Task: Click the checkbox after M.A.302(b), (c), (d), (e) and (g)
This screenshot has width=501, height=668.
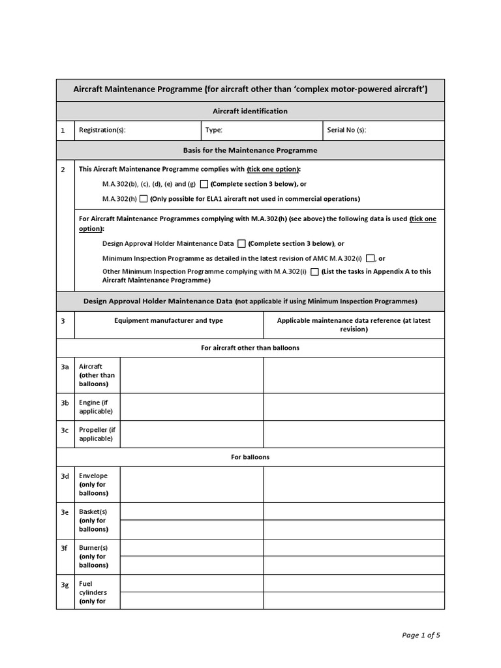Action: [x=204, y=184]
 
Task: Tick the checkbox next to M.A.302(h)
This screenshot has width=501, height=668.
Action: [x=144, y=199]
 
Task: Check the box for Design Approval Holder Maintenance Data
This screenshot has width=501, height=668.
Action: [x=241, y=244]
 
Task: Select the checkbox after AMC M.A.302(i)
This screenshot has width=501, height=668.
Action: [x=371, y=258]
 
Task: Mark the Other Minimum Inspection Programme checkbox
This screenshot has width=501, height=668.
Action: [x=314, y=272]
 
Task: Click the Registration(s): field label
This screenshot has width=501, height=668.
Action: [x=102, y=130]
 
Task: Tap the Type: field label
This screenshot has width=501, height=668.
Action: [x=213, y=130]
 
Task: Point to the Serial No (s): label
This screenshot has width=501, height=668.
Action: [x=346, y=130]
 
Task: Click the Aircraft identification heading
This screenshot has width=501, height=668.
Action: [x=250, y=111]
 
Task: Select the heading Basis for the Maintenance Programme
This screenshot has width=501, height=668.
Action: [x=250, y=150]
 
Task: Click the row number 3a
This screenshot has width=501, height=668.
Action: [x=65, y=367]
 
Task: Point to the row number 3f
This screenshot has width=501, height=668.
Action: [x=65, y=548]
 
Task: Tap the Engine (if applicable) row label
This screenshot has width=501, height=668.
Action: [x=95, y=407]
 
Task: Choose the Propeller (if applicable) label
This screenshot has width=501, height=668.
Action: [x=97, y=434]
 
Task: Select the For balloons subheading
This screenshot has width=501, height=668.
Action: [x=250, y=457]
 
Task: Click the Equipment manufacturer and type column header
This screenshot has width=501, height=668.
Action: [x=168, y=320]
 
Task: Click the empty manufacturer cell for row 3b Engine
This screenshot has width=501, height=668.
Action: [x=191, y=407]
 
